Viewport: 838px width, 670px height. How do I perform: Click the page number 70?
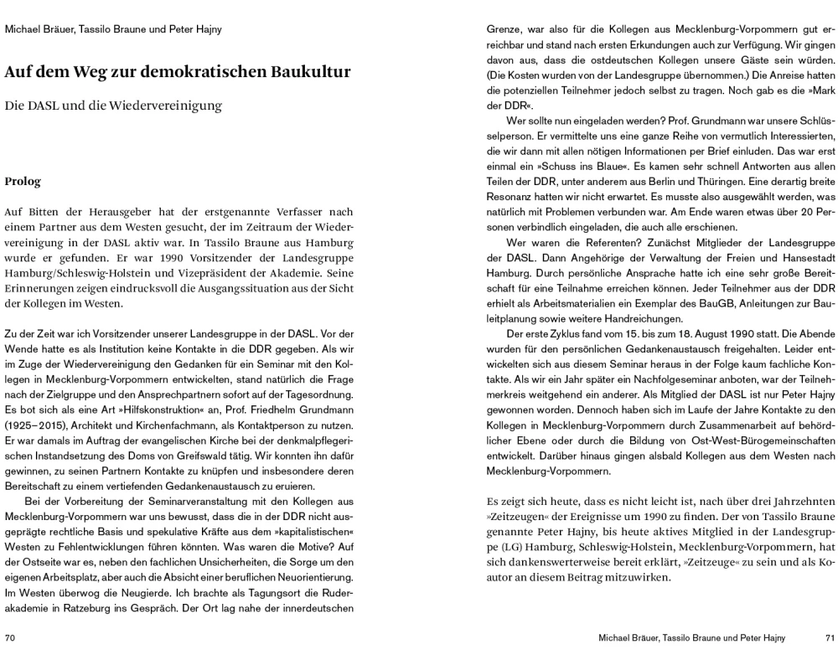tap(10, 637)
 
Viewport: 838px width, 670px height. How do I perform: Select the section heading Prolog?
tap(22, 181)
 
